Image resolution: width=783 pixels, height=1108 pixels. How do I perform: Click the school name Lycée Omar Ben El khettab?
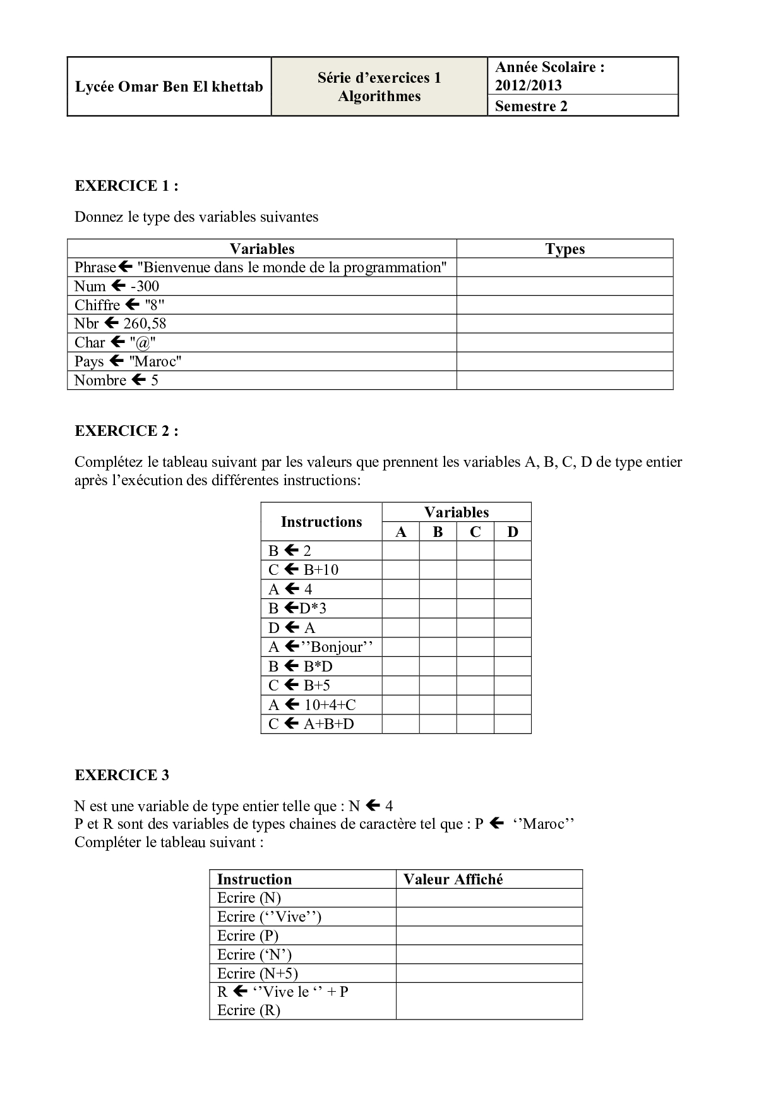coord(169,87)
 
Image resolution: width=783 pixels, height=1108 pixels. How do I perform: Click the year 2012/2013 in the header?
coord(528,85)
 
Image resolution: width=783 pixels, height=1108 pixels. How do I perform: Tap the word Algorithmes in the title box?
coord(379,97)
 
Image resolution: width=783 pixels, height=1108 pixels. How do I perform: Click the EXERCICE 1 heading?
coord(126,186)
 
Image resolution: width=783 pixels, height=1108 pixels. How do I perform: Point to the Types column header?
coord(565,249)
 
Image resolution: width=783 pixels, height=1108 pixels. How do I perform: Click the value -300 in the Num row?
coord(145,286)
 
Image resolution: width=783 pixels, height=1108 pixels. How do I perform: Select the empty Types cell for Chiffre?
coord(565,305)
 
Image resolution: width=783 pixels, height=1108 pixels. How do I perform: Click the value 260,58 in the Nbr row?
coord(145,323)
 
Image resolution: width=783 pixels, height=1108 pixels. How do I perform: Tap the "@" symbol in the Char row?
coord(143,342)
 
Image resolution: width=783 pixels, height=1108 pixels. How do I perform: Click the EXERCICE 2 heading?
coord(126,431)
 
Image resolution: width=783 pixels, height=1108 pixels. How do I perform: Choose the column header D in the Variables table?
coord(512,532)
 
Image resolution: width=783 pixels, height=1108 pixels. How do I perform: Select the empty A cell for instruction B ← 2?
coord(400,551)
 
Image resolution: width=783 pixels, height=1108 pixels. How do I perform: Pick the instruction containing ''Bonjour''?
coord(320,647)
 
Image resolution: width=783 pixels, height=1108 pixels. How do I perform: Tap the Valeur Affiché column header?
coord(453,879)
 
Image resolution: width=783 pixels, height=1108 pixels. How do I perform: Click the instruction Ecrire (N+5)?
coord(257,973)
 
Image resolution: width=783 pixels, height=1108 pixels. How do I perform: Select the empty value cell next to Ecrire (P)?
coord(489,936)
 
